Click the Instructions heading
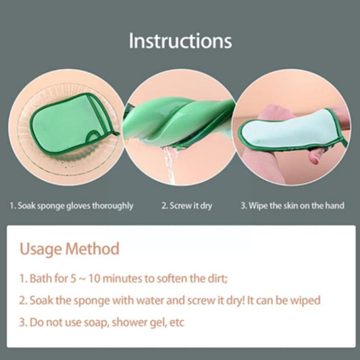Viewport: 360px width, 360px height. [180, 41]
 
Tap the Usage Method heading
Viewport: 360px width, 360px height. [70, 248]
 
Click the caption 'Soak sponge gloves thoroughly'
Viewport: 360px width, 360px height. [71, 205]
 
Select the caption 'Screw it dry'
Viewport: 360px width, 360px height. [186, 205]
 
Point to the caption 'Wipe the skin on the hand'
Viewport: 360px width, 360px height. [293, 205]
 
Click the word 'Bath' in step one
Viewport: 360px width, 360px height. [42, 278]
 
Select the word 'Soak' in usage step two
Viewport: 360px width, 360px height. [43, 301]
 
